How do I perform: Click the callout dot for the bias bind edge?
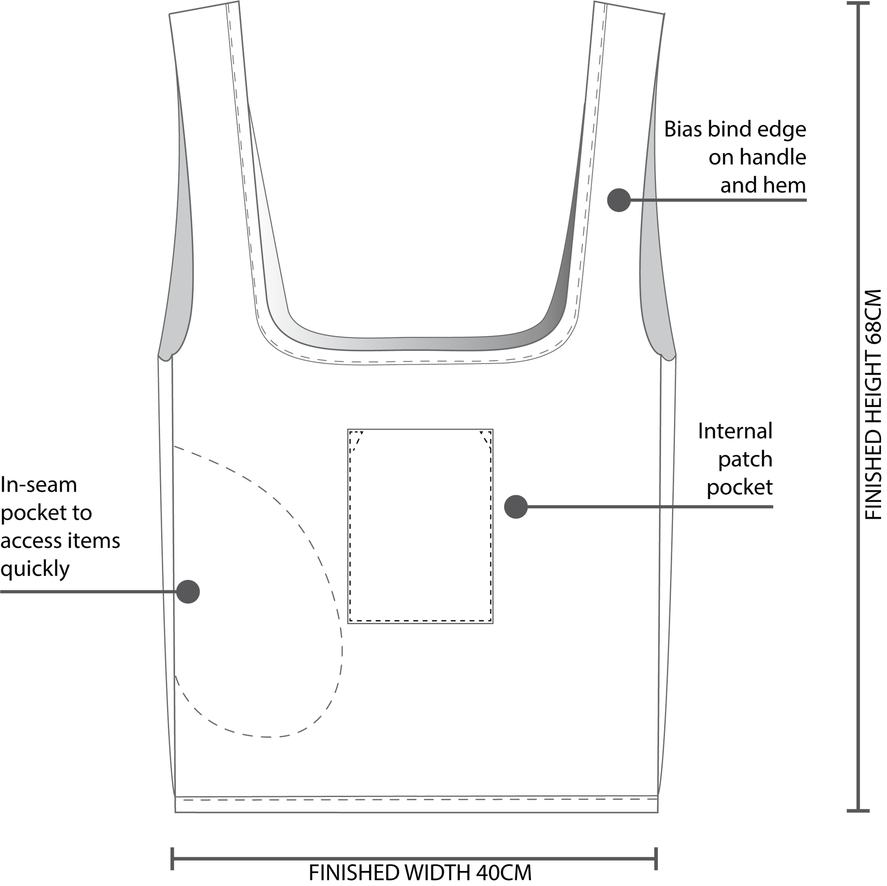pos(619,200)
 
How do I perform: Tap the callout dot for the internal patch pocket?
pos(516,507)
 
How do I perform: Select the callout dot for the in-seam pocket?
pos(188,591)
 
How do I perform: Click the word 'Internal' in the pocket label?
pos(735,432)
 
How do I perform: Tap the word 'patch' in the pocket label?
pos(745,459)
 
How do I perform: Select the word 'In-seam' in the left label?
pos(39,485)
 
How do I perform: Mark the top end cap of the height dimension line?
pos(858,4)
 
